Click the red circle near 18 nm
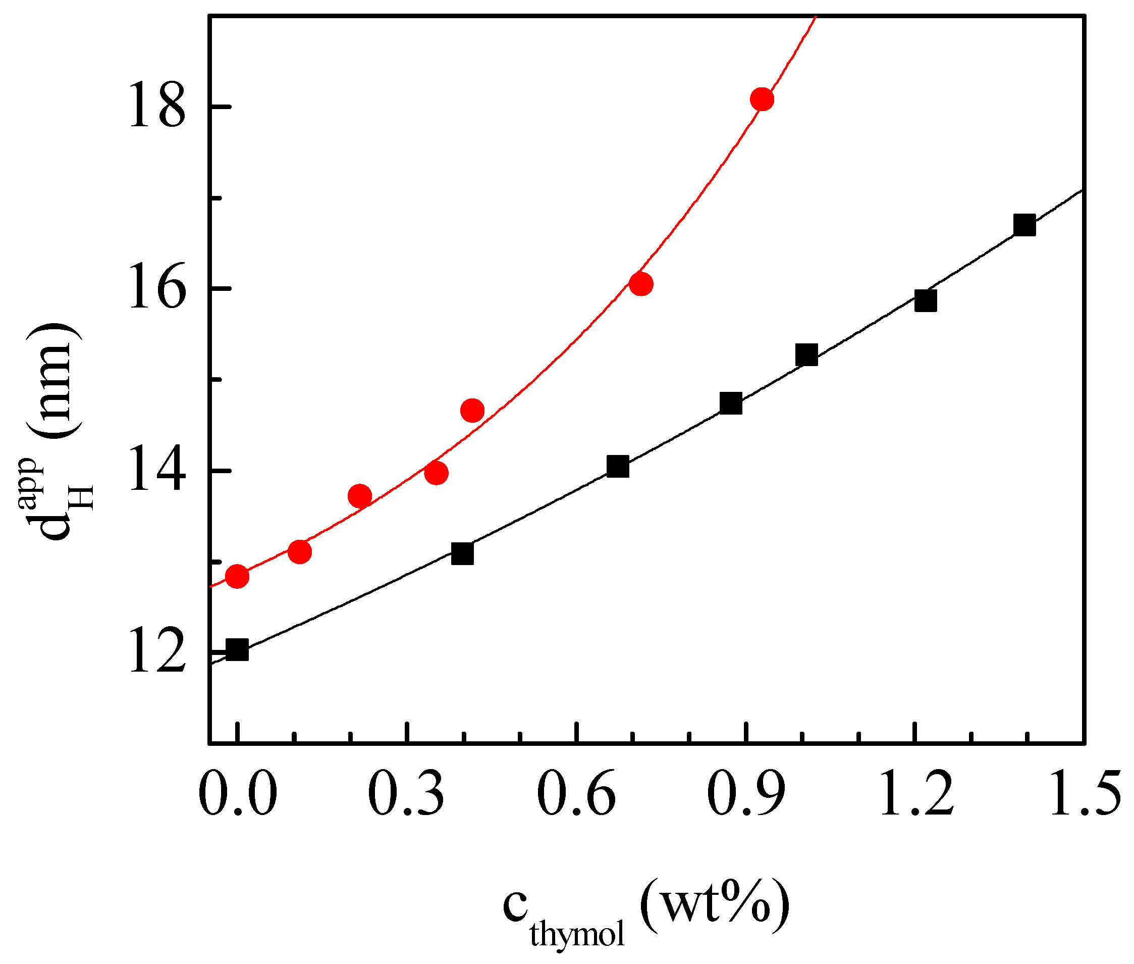click(762, 99)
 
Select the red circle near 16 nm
click(641, 284)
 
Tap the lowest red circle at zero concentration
click(237, 576)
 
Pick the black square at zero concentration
click(237, 650)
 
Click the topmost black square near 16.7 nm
click(1024, 225)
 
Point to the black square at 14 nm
click(618, 467)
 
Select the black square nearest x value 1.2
click(926, 300)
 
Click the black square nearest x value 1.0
click(807, 354)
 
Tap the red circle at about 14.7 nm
click(472, 411)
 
